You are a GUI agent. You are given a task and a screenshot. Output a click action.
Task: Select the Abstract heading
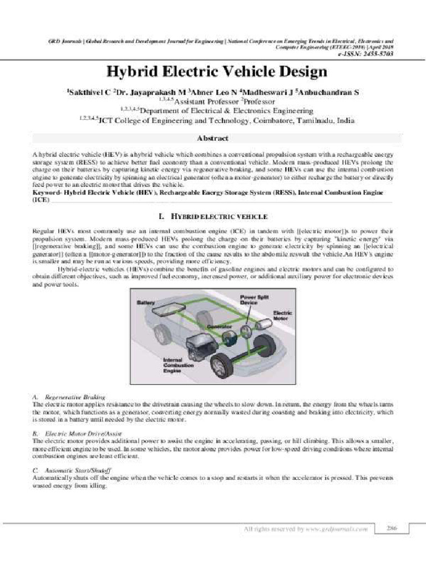(213, 138)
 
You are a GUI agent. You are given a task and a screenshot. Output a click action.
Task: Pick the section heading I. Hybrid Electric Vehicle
(213, 215)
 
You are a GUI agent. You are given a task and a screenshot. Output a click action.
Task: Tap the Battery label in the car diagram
(145, 303)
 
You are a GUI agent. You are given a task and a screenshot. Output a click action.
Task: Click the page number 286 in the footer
(392, 529)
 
